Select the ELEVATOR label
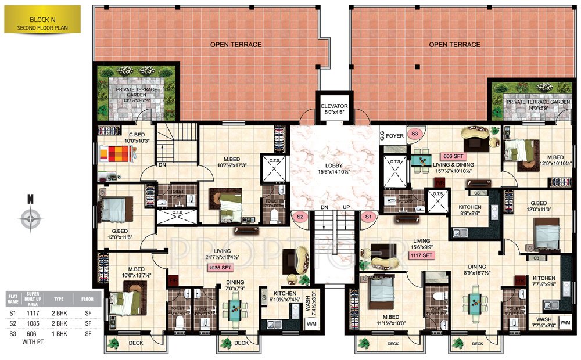click(333, 109)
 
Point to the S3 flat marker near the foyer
click(415, 134)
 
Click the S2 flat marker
click(300, 217)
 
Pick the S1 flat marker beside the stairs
click(367, 217)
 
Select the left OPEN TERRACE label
click(236, 45)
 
